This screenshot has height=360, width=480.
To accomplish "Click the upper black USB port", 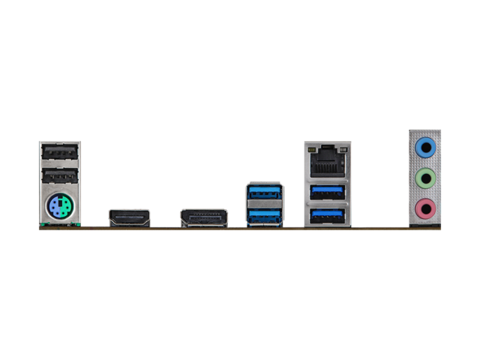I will point(60,151).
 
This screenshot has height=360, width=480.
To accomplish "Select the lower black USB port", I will point(60,178).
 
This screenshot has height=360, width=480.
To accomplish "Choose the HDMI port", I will point(129,217).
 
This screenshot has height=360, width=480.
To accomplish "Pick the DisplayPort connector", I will point(202,217).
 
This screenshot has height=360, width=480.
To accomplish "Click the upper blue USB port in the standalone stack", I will point(264,194).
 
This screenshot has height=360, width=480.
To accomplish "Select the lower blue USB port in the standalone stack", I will point(264,215).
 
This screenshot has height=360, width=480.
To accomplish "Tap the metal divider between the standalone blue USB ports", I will point(264,205).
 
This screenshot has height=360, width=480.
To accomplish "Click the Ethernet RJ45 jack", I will point(325,161).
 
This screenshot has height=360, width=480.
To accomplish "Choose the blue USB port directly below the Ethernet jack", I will point(325,190).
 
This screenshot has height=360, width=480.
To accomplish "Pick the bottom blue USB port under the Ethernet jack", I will point(325,215).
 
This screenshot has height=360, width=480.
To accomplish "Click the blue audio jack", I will point(425,148).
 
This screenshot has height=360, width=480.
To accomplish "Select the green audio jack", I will point(425,178).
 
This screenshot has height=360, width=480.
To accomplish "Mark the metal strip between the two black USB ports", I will point(60,165).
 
